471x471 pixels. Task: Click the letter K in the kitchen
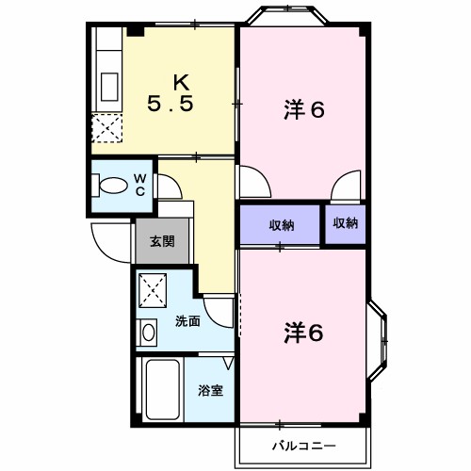coord(182,83)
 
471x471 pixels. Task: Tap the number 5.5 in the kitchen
coord(170,104)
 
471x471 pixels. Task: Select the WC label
coord(140,185)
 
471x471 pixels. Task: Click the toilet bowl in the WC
coord(113,186)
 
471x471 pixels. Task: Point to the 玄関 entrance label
coord(162,241)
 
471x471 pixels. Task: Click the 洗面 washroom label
coord(187,321)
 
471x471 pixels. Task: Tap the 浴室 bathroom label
coord(210,390)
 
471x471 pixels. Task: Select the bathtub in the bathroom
coord(163,389)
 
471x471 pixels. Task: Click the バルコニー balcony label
coord(304,446)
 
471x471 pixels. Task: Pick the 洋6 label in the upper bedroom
coord(304,109)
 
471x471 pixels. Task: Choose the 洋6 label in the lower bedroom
coord(304,333)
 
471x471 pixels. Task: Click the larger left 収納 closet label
coord(282,225)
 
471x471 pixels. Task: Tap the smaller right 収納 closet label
coord(346,223)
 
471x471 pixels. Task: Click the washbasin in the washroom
coord(148,333)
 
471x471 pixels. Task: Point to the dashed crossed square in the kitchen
coord(106,128)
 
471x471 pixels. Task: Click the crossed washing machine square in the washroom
coord(153,290)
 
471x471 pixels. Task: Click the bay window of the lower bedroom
coord(379,341)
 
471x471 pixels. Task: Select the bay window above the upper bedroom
coord(287,14)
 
